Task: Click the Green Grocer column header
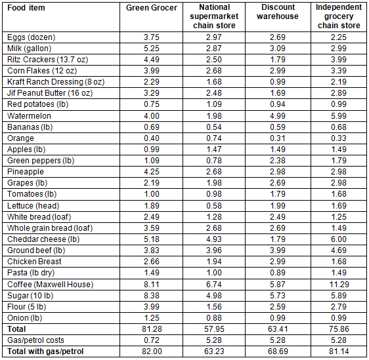[152, 8]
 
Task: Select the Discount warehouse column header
[278, 12]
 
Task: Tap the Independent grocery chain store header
[339, 16]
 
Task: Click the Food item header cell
[26, 8]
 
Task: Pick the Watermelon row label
[29, 116]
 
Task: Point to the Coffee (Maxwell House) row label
[51, 285]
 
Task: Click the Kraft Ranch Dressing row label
[56, 82]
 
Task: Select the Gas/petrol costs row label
[35, 340]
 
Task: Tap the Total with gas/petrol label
[45, 351]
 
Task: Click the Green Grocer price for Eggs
[152, 37]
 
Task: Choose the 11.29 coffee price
[339, 285]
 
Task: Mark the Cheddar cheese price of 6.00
[339, 239]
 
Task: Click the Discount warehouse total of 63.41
[278, 329]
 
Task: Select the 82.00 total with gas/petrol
[152, 351]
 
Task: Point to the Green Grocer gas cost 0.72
[152, 340]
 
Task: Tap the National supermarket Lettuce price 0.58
[214, 206]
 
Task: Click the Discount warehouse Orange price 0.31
[278, 138]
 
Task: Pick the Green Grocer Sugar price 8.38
[152, 295]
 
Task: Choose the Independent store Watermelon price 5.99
[339, 116]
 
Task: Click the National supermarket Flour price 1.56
[214, 307]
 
